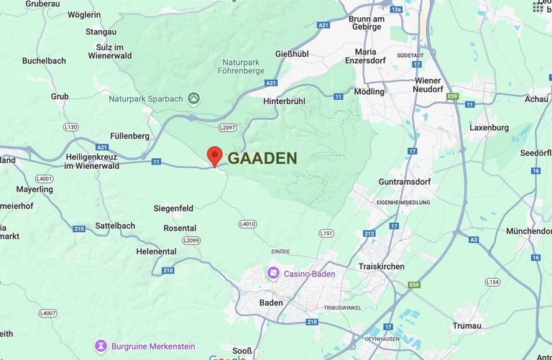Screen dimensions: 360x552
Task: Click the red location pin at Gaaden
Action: [214, 156]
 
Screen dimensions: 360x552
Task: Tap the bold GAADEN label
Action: [262, 159]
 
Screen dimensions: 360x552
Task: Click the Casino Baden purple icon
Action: [273, 274]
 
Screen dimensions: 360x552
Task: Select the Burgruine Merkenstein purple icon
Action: [101, 346]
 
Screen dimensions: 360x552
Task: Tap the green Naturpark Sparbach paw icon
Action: [194, 98]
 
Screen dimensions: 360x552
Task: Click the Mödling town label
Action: [369, 92]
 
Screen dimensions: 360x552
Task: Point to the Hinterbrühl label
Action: [284, 101]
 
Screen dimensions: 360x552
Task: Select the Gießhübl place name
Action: [293, 54]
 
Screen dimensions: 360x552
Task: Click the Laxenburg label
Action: [489, 127]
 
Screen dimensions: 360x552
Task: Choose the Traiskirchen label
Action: [381, 267]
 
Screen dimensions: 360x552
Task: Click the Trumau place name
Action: [467, 326]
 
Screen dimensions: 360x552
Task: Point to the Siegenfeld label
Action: [173, 208]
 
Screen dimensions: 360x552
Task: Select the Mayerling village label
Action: [34, 190]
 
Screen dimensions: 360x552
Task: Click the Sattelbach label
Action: [115, 226]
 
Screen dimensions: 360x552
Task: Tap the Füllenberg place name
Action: [129, 136]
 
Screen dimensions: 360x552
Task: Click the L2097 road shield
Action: [227, 127]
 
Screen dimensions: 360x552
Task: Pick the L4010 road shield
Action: [247, 224]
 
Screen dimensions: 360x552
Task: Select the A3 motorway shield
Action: [474, 239]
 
